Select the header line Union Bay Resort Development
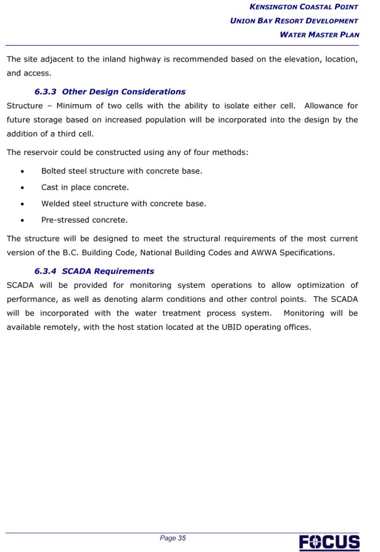tap(294, 20)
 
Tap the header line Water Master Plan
tap(319, 34)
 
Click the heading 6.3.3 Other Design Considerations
tap(110, 91)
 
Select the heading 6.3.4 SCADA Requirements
tap(94, 270)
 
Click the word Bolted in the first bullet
tap(54, 170)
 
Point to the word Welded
tap(56, 203)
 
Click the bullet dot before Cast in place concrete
tap(23, 187)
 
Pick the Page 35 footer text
tap(173, 538)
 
